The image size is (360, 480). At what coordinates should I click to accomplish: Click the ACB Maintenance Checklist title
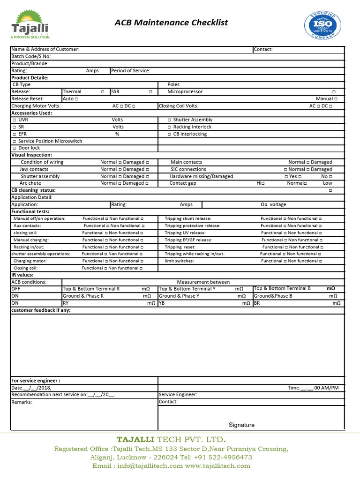[172, 22]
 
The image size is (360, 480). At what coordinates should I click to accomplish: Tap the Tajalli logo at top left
[30, 25]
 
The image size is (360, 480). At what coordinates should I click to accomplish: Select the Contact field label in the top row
[262, 49]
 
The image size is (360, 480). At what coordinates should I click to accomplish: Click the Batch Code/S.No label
[30, 56]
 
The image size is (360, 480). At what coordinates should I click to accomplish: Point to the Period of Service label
[131, 71]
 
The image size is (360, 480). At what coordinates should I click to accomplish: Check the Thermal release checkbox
[103, 92]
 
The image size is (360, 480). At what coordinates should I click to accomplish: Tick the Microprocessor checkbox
[334, 92]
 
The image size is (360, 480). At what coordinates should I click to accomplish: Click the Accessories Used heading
[31, 113]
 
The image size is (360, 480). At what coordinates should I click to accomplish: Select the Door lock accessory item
[29, 148]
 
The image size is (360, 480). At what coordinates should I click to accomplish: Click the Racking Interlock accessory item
[192, 127]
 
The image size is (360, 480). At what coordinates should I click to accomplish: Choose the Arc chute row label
[30, 183]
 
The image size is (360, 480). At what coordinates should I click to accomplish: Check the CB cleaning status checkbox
[330, 190]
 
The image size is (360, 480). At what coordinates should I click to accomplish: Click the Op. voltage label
[273, 204]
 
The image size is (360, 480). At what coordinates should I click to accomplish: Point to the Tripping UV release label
[185, 233]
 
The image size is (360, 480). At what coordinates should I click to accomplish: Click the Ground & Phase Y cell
[179, 296]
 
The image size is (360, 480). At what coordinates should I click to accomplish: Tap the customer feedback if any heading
[41, 310]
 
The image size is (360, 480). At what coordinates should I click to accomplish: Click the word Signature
[241, 425]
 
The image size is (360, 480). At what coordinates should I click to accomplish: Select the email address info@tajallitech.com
[137, 466]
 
